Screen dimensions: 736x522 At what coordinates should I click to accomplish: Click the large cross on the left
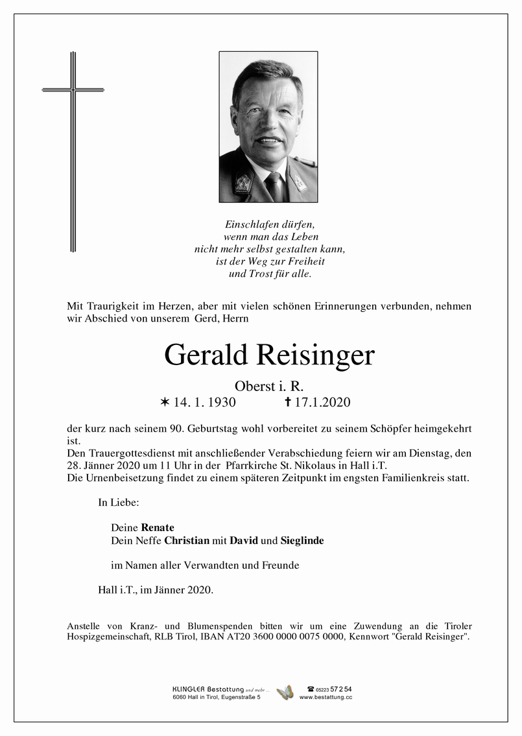tap(73, 152)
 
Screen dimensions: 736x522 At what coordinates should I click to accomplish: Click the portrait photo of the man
tap(268, 127)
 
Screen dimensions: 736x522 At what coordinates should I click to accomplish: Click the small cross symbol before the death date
tap(288, 403)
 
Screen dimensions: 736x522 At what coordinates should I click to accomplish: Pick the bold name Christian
tap(187, 540)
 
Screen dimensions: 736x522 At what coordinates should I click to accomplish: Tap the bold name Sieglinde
tap(302, 540)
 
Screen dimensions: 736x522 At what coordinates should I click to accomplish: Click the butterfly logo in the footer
tap(285, 693)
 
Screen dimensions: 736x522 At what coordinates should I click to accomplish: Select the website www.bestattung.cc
tap(326, 697)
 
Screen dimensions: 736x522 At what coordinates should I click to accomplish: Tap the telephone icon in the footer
tap(310, 689)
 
